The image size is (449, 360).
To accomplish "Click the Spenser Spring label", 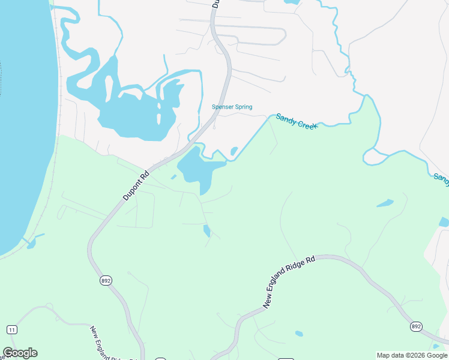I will click(232, 107).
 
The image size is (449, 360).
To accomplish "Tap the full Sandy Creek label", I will click(296, 121).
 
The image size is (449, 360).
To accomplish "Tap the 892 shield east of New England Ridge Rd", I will click(416, 326).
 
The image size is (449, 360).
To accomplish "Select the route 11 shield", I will click(11, 329).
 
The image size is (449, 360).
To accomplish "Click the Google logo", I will click(20, 353).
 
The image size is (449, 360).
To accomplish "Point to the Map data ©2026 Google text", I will click(412, 355).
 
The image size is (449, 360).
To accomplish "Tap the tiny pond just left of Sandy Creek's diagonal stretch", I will click(234, 151).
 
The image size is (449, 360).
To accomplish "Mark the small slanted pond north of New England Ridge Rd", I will click(385, 203).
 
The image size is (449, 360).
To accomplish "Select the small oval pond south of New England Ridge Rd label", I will click(299, 334).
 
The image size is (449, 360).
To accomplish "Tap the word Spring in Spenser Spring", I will click(243, 107).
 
